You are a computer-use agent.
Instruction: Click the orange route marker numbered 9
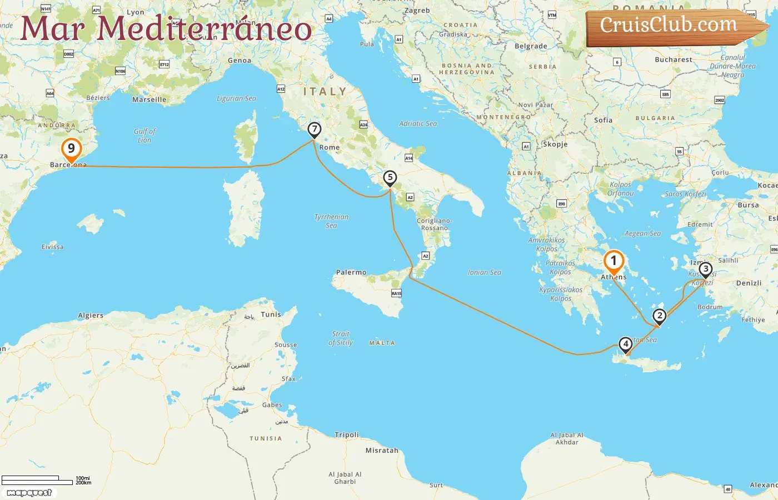[x=71, y=149]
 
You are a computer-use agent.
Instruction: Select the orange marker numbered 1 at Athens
[x=614, y=261]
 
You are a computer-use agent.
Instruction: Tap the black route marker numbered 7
[x=315, y=130]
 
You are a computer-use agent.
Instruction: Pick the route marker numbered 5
[x=390, y=178]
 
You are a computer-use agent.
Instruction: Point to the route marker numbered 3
[x=705, y=270]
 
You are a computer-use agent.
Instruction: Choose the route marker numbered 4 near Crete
[x=626, y=344]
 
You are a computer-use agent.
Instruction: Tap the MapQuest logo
[x=29, y=493]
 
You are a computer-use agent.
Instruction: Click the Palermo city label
[x=351, y=272]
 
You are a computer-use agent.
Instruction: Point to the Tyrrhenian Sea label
[x=332, y=221]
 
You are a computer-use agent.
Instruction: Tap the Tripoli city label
[x=347, y=434]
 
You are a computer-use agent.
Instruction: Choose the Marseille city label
[x=149, y=99]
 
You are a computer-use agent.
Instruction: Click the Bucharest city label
[x=674, y=59]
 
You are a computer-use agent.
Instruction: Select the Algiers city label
[x=91, y=315]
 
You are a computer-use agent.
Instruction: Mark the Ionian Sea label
[x=485, y=272]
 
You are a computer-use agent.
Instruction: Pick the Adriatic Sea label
[x=418, y=123]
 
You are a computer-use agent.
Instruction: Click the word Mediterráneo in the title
[x=205, y=29]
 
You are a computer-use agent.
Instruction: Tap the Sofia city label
[x=603, y=119]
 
